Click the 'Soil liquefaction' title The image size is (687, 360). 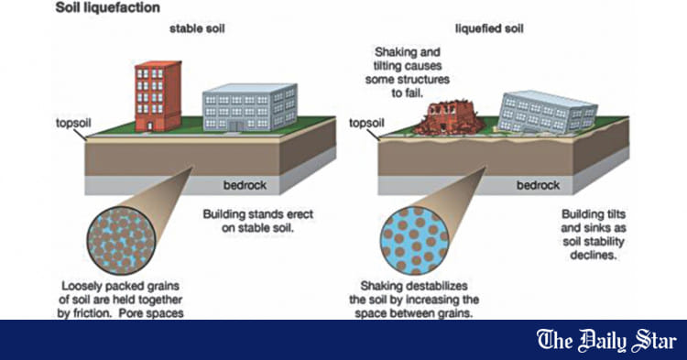pos(58,7)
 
